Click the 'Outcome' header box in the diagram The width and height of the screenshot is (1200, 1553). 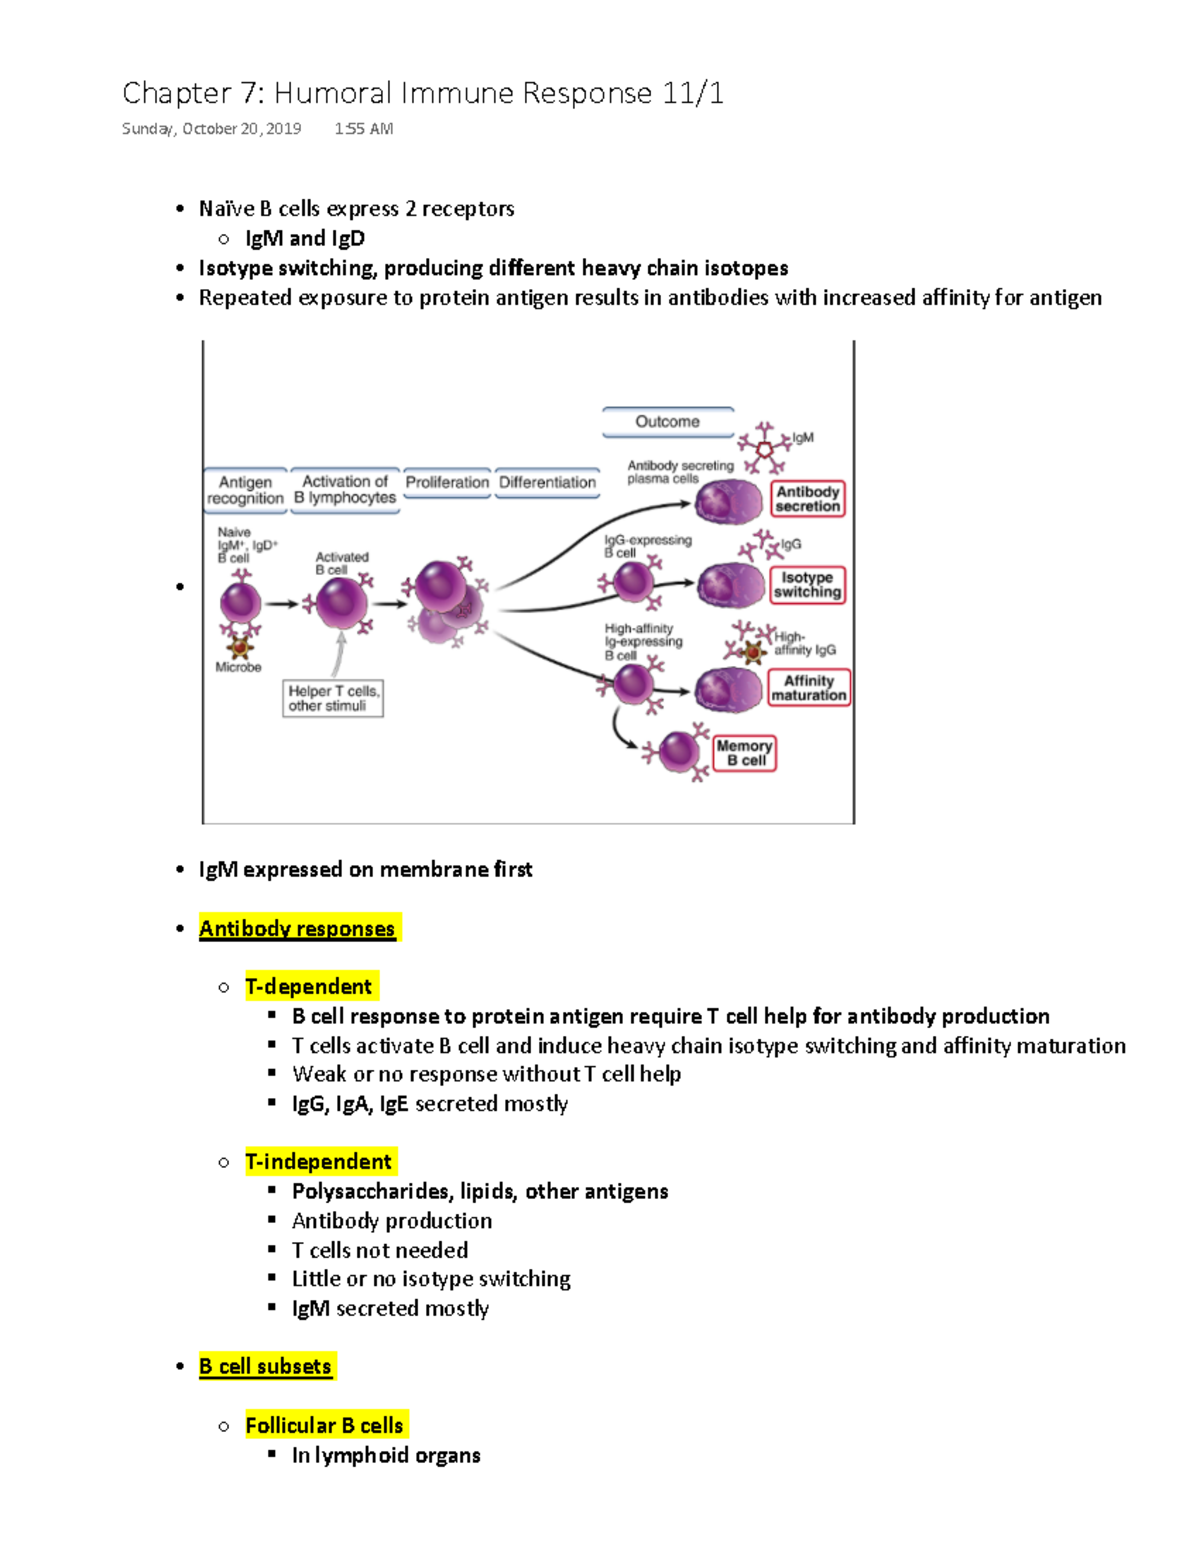tap(667, 422)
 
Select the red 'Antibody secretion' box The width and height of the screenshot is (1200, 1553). tap(808, 499)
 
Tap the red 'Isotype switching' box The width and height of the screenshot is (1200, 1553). tap(807, 585)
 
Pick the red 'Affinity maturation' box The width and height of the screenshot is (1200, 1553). tap(809, 688)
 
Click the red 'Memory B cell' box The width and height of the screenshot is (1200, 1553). tap(745, 753)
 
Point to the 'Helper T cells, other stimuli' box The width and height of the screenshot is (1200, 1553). tap(333, 698)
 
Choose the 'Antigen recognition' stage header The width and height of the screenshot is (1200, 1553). tap(245, 490)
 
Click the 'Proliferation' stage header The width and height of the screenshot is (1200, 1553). tap(447, 482)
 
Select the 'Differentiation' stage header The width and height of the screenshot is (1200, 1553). tap(547, 482)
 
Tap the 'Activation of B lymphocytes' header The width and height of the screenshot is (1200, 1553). tap(345, 490)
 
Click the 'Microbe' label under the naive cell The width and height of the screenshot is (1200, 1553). tap(238, 667)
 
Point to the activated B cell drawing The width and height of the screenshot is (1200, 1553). tap(340, 603)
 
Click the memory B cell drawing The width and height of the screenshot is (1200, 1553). tap(679, 752)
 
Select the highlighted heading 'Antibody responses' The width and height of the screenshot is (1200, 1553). tap(297, 929)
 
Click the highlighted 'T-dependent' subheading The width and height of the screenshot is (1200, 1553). tap(309, 987)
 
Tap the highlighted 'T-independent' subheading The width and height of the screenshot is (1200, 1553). tap(319, 1162)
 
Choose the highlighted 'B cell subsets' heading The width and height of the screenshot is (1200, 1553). tap(265, 1367)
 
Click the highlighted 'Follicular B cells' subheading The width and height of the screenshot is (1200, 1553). tap(324, 1426)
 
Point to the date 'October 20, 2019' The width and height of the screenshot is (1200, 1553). tap(241, 129)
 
